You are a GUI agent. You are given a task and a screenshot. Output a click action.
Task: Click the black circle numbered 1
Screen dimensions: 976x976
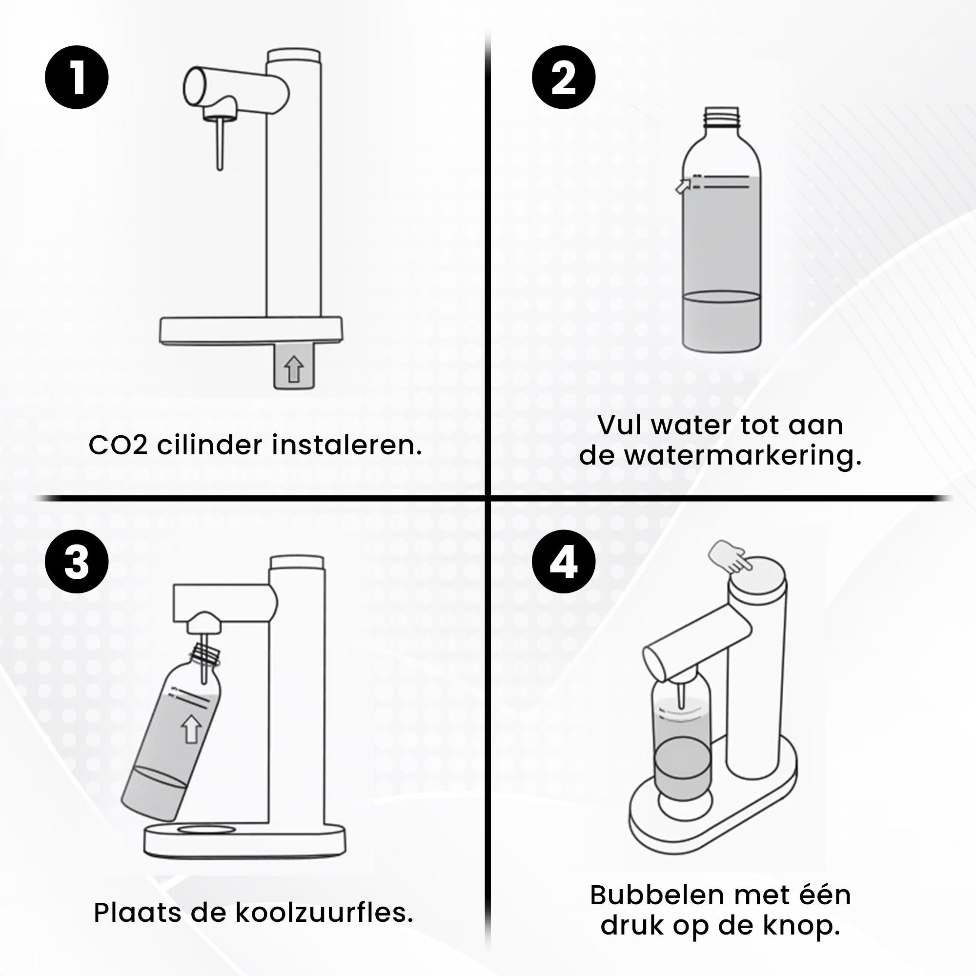77,77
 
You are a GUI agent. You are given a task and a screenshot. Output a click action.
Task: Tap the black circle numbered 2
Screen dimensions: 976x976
563,77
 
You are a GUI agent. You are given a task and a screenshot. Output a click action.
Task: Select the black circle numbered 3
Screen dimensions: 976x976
77,561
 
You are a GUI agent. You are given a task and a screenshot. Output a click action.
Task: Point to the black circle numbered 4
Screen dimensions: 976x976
563,561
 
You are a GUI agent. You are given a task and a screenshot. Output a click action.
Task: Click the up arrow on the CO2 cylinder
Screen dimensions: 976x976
293,369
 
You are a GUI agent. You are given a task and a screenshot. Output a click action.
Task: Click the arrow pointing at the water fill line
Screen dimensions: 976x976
683,186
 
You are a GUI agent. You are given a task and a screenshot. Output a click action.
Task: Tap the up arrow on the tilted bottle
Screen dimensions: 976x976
191,729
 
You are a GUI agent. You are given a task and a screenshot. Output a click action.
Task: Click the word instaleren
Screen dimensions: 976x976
346,446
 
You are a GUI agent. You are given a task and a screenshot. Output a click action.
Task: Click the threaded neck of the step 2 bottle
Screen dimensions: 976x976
721,118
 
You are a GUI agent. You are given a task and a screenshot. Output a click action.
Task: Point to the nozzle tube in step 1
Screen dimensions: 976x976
220,144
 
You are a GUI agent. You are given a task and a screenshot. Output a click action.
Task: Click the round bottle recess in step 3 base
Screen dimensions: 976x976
206,830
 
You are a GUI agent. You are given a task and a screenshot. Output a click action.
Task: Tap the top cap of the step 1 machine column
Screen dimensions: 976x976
293,55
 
